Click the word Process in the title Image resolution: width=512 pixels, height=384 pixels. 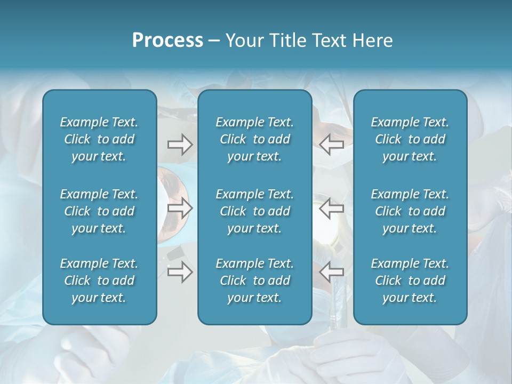[167, 41]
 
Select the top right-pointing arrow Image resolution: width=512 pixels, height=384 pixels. [180, 145]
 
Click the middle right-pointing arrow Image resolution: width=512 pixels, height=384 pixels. [180, 208]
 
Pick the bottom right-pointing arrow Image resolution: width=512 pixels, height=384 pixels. [180, 272]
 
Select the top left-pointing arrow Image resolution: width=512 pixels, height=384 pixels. [331, 145]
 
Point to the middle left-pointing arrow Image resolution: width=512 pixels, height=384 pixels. [331, 208]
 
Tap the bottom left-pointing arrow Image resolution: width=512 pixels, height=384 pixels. [331, 272]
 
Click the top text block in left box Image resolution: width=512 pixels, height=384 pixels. [99, 139]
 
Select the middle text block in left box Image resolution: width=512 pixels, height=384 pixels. [99, 211]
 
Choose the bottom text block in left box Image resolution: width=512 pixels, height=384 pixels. [99, 281]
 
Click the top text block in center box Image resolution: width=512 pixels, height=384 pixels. [255, 139]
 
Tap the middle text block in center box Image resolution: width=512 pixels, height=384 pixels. [255, 211]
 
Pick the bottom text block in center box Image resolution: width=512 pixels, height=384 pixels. [255, 281]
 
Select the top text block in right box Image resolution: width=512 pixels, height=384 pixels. [410, 139]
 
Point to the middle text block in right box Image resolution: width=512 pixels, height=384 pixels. [410, 211]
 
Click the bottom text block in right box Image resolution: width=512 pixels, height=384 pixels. [410, 281]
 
